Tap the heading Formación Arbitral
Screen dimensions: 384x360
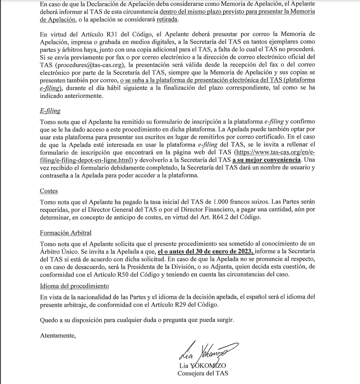[66, 233]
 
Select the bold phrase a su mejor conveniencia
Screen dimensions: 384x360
[267, 160]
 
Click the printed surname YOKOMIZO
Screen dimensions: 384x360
[208, 365]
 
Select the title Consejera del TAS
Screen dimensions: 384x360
[203, 373]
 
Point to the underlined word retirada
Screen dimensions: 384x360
[166, 20]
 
